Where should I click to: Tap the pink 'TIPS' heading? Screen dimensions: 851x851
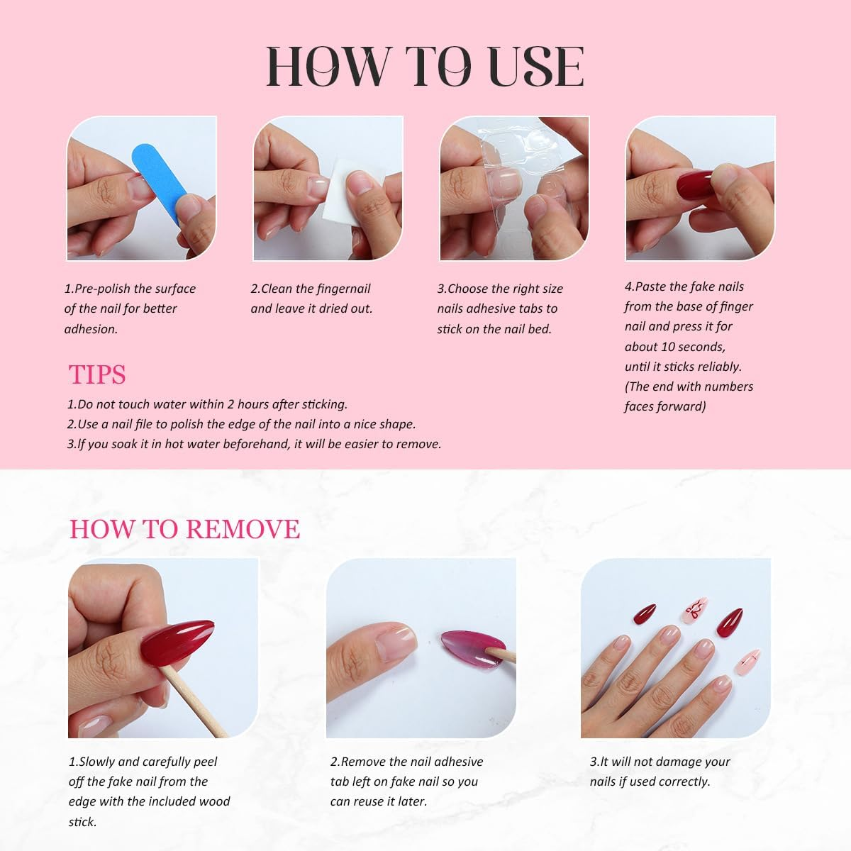97,374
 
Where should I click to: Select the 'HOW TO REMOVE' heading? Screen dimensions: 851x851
184,529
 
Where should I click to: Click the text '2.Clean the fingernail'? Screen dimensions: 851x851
310,289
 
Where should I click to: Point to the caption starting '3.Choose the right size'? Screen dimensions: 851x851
500,289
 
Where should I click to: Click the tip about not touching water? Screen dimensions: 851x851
207,404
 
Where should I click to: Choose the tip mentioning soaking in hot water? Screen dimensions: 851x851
254,444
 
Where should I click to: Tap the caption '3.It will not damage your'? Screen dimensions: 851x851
660,762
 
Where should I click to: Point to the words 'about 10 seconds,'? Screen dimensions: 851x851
674,347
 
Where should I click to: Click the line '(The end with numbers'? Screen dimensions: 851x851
689,386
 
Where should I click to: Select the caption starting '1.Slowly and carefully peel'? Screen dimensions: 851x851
143,762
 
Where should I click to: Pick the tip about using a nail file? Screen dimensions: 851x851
241,424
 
